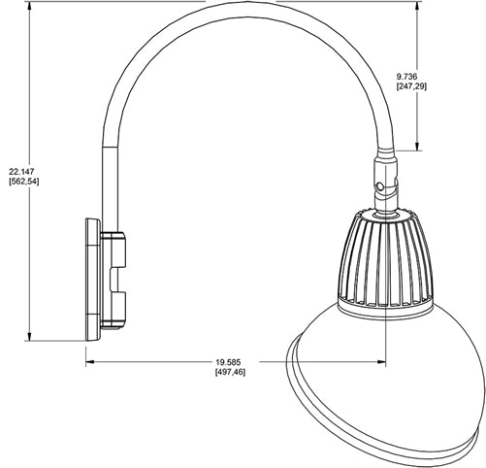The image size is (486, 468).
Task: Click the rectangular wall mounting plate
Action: (x=92, y=281)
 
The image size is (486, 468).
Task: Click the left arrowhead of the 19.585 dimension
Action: (x=89, y=364)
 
